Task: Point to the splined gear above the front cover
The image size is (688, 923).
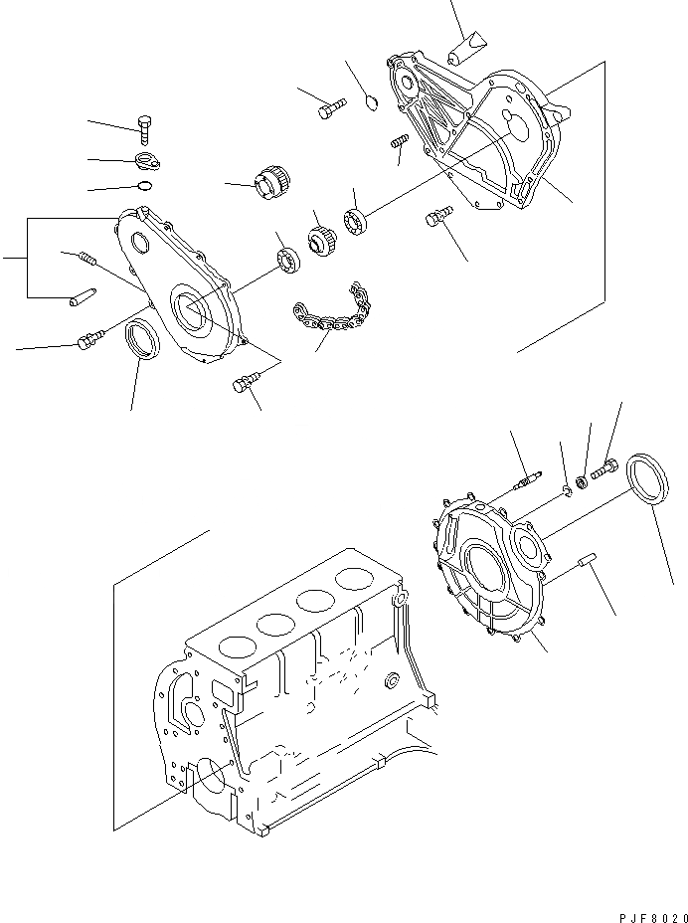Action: [272, 185]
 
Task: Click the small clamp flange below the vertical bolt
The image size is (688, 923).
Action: [148, 161]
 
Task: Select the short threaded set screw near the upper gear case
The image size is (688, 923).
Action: [400, 143]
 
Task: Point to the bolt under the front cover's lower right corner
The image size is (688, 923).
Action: [245, 382]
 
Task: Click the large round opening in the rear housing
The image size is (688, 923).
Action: [488, 577]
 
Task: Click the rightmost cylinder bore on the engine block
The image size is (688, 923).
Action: [356, 578]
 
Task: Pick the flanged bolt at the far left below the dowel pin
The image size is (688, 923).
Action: [86, 342]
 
